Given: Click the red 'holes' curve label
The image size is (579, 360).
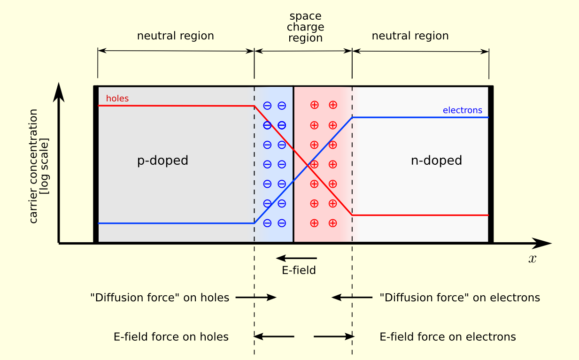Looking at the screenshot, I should [x=117, y=99].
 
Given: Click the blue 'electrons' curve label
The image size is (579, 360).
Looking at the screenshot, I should [x=462, y=110].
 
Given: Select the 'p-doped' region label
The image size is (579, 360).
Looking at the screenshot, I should [x=162, y=161].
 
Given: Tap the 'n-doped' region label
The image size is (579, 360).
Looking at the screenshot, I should [x=436, y=161].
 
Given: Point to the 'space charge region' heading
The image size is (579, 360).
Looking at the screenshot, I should [x=305, y=27].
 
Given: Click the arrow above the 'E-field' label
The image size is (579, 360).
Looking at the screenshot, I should [x=296, y=258].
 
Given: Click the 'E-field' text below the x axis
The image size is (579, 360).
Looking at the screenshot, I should [x=299, y=270].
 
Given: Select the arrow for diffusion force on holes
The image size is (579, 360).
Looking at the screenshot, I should [x=256, y=297].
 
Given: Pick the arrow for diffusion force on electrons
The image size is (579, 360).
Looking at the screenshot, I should [x=352, y=297].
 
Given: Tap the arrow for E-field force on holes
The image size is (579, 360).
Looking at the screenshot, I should [x=274, y=337].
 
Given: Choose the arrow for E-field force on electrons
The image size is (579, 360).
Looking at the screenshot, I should [x=333, y=337].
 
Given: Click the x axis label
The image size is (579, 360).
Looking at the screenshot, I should [x=532, y=259].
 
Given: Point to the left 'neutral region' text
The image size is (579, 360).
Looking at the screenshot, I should [x=175, y=36].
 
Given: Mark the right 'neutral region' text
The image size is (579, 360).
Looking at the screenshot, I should [x=410, y=36].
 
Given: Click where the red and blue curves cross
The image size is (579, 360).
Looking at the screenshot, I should [x=308, y=165].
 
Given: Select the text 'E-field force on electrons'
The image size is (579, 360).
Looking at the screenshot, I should [x=448, y=337].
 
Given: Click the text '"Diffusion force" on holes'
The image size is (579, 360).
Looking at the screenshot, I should [x=160, y=298].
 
